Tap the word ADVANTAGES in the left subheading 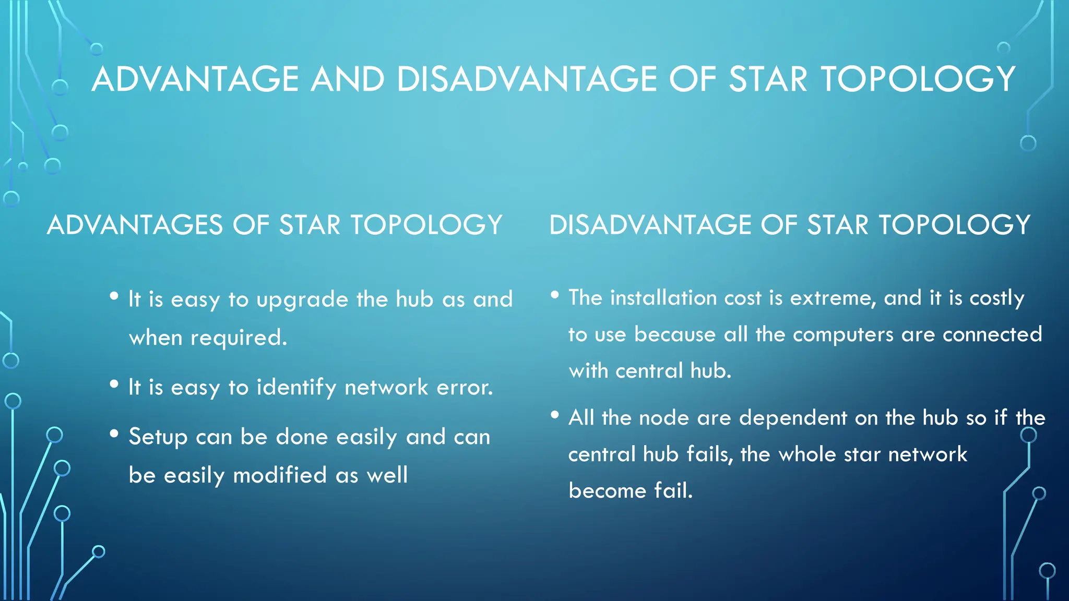pos(135,225)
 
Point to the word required pos(239,338)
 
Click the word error pos(465,388)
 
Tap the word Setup pos(158,437)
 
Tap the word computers pos(843,335)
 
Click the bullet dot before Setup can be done pos(114,434)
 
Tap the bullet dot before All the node pos(555,415)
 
